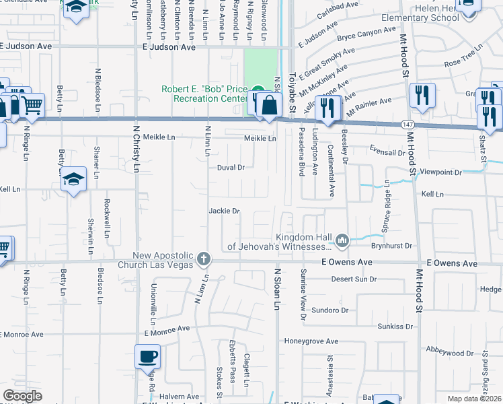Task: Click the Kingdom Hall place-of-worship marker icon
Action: (342, 240)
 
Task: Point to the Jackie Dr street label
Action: (224, 211)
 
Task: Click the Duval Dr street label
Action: (230, 167)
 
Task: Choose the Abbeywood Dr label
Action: (450, 352)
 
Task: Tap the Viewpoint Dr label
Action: (440, 172)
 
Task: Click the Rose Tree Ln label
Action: (463, 61)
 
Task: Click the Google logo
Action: (22, 396)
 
